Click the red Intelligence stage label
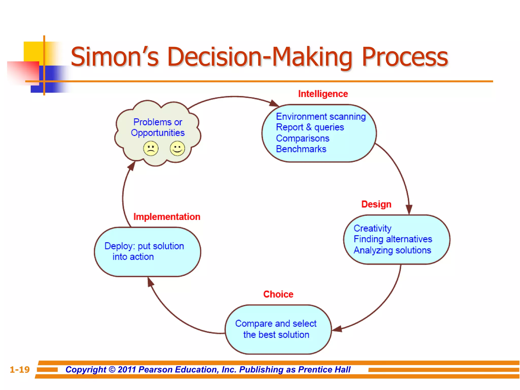point(323,94)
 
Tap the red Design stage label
point(376,204)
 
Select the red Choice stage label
point(278,294)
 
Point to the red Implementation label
point(167,217)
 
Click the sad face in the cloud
point(151,149)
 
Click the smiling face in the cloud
point(177,149)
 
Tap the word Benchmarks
point(301,149)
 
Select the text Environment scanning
point(321,117)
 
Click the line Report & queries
point(310,127)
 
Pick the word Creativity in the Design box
point(372,229)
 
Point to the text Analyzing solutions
point(392,250)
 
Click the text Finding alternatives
point(393,239)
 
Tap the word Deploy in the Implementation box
point(118,246)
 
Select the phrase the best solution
point(276,335)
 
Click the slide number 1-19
point(20,370)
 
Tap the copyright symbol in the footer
point(112,370)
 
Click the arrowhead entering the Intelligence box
point(274,103)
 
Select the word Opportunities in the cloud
point(158,133)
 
